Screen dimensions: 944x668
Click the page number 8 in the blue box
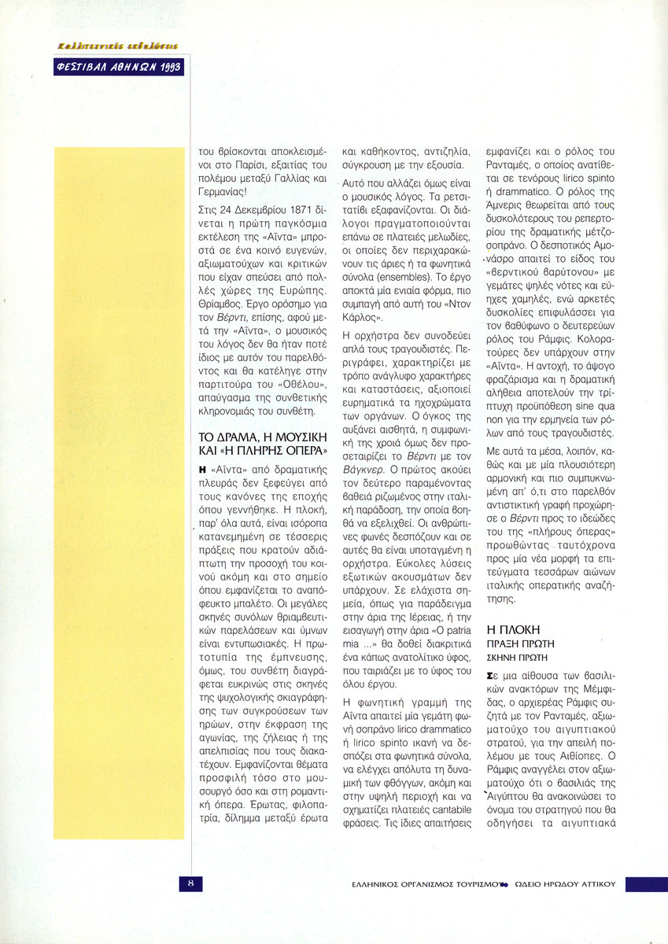(x=190, y=883)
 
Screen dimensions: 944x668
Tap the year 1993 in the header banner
(x=168, y=68)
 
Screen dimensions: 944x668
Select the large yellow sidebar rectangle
(x=119, y=492)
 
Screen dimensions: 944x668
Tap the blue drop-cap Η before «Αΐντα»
(x=202, y=469)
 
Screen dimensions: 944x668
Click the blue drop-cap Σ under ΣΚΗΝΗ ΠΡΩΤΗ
(x=491, y=675)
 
